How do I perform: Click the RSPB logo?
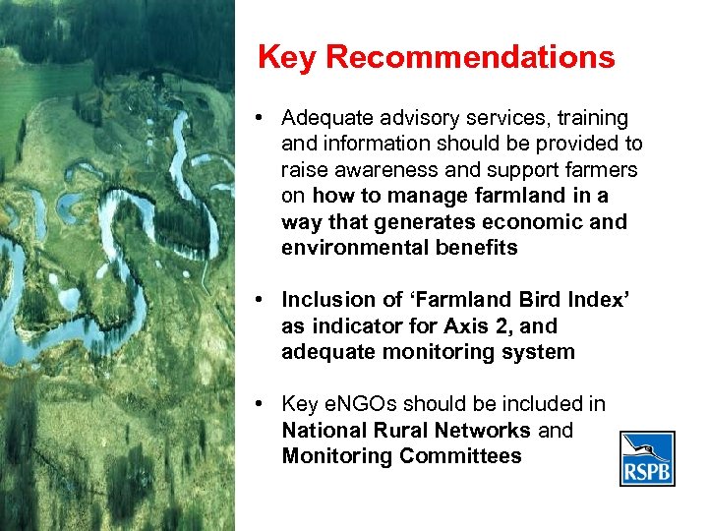(647, 458)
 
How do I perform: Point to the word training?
(590, 119)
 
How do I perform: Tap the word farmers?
(602, 170)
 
